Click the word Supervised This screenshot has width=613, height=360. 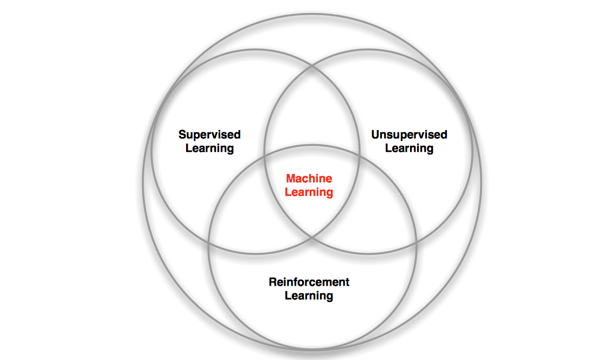pos(209,135)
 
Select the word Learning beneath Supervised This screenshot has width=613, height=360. pos(209,149)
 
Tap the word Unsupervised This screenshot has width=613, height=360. pos(410,135)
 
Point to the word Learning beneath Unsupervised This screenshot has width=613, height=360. pos(410,149)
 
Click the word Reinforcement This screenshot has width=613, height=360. pos(309,282)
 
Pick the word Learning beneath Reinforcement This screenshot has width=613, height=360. pos(309,296)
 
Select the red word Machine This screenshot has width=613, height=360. pos(309,178)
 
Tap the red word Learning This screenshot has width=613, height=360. pos(309,192)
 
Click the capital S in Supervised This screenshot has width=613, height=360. pos(183,135)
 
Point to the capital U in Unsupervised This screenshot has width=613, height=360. pos(376,135)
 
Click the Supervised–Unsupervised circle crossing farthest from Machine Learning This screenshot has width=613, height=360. pos(312,67)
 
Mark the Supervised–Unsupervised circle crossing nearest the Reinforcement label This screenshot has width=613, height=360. pos(312,237)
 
